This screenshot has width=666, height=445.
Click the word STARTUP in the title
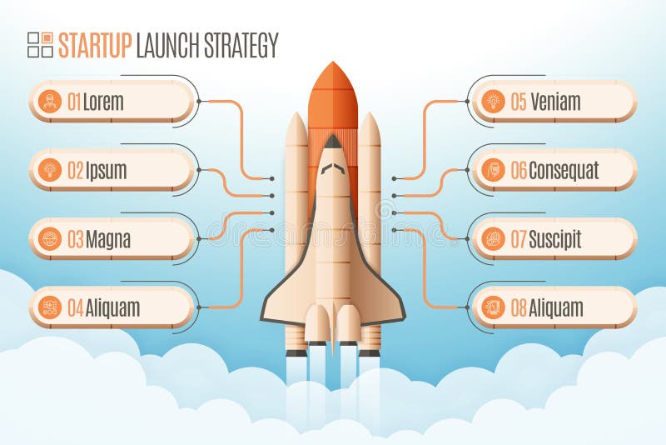point(95,45)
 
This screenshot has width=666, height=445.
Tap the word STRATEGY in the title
point(241,45)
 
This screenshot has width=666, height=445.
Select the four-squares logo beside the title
point(40,45)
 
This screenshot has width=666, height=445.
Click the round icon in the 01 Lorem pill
point(50,101)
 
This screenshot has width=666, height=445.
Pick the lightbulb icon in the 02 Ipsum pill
point(50,170)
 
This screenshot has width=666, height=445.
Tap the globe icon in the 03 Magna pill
point(50,238)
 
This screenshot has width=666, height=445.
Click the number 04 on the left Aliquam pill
point(76,307)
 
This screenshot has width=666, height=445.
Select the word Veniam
point(555,102)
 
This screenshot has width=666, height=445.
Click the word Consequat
point(564,171)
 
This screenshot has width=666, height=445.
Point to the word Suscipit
point(554,239)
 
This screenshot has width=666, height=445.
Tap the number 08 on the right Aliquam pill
point(519,307)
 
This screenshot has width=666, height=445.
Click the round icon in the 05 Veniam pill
point(493,101)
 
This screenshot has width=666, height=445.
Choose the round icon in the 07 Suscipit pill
point(493,238)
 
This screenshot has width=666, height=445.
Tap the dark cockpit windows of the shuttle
point(332,168)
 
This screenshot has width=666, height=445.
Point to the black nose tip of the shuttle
point(332,142)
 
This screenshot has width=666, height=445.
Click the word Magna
point(108,240)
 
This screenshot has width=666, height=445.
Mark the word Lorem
point(103,102)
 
